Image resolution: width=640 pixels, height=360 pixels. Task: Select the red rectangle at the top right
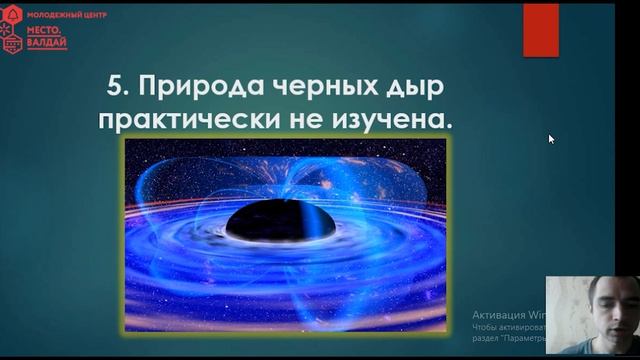[x=541, y=30]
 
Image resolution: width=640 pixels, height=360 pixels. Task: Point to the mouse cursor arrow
[x=551, y=139]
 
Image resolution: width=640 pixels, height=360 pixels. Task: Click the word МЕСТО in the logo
[x=46, y=30]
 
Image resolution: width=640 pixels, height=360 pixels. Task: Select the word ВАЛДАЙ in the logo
[x=48, y=44]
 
